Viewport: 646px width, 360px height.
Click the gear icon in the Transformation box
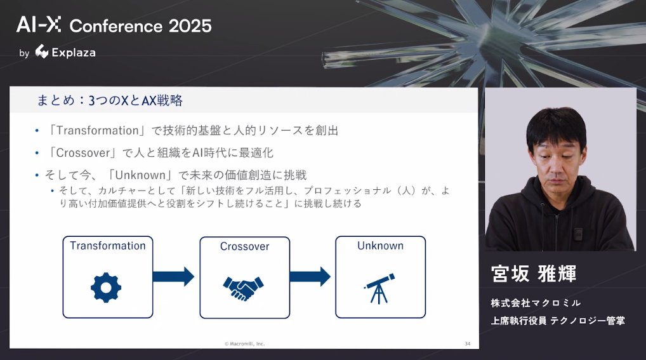(106, 286)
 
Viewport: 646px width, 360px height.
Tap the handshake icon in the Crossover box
(244, 288)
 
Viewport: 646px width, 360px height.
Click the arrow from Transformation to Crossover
(173, 276)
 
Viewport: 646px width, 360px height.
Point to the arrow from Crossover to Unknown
(310, 276)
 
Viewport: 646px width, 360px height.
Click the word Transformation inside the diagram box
(107, 246)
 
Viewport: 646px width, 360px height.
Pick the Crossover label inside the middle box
(244, 246)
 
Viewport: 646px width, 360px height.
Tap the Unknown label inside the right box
(380, 246)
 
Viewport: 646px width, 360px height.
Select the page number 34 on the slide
(467, 343)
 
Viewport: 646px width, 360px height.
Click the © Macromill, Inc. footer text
(244, 343)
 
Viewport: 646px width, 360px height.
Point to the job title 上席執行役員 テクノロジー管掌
(557, 321)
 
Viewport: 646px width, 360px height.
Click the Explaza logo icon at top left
(42, 52)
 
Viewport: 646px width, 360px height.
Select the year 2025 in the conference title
(190, 26)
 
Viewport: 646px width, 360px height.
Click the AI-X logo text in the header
(39, 25)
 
